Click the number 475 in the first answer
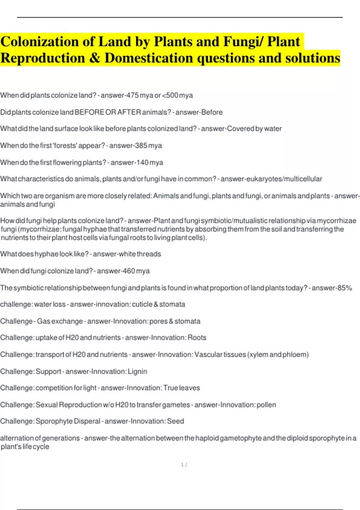tap(133, 95)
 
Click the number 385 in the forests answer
tap(141, 145)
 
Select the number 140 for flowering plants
tap(142, 163)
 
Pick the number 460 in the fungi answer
tap(129, 271)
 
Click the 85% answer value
tap(345, 288)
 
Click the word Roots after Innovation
tap(197, 337)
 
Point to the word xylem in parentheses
tap(259, 355)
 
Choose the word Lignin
tap(137, 371)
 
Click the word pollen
tap(266, 405)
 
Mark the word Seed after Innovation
tap(175, 421)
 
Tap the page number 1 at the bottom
tap(182, 465)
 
